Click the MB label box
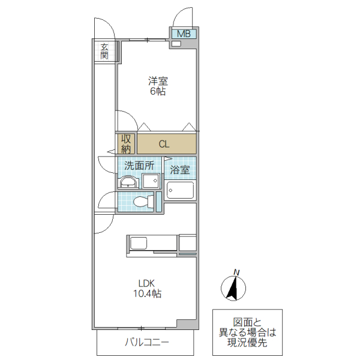click(x=184, y=34)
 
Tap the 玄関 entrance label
click(x=104, y=52)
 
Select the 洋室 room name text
click(x=158, y=81)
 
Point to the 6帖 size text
click(x=158, y=92)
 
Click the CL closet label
click(x=164, y=144)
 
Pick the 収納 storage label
click(x=126, y=143)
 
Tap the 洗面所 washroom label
click(x=139, y=165)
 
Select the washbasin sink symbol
click(x=128, y=182)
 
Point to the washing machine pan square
click(x=151, y=181)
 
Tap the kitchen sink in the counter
click(x=139, y=243)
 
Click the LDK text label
click(x=147, y=284)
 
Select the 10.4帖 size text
click(x=147, y=294)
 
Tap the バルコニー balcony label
click(x=146, y=343)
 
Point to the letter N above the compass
click(x=237, y=272)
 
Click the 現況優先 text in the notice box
click(x=247, y=343)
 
